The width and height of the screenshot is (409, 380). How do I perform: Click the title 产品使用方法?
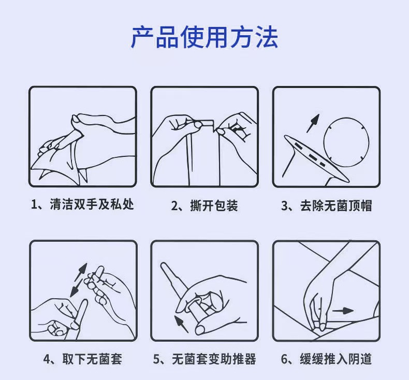pos(204,37)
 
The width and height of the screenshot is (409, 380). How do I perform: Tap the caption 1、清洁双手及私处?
pos(82,204)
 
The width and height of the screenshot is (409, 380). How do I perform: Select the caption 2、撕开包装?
pos(204,205)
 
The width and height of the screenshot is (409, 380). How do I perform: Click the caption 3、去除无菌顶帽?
pos(326,205)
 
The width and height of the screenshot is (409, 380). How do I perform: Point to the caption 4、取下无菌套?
pos(83,359)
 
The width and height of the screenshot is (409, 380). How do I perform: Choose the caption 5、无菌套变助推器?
pos(204,359)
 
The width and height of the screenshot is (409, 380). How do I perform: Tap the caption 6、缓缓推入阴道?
pos(326,359)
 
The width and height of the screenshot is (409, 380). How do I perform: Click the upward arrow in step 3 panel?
pos(313,123)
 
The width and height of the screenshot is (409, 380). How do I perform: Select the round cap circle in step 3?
pos(346,140)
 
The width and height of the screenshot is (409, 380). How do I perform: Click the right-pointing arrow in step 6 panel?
pos(343,311)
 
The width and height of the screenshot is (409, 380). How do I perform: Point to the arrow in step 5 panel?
pos(181,324)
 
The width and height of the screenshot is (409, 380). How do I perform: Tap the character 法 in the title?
pos(266,37)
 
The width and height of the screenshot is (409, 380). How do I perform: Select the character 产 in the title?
pos(142,37)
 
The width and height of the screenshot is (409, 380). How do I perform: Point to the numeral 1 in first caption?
pos(33,204)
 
